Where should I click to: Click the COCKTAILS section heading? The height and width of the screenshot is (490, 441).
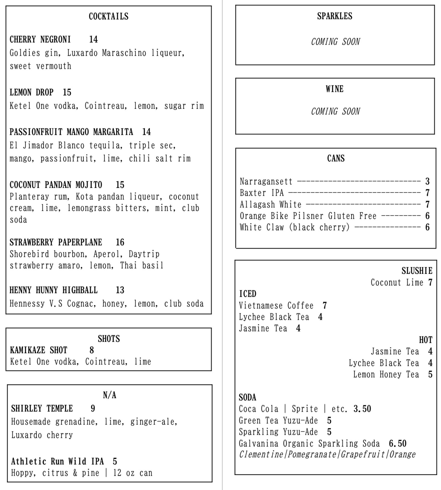[108, 17]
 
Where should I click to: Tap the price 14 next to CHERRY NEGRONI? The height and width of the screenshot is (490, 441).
[93, 39]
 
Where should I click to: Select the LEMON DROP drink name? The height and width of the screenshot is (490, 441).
[31, 92]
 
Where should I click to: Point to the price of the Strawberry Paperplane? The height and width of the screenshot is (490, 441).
[120, 242]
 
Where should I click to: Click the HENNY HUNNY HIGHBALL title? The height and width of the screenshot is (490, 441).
[53, 290]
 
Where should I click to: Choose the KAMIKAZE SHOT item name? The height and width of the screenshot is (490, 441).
[39, 350]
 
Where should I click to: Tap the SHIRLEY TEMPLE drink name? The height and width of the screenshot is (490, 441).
[42, 409]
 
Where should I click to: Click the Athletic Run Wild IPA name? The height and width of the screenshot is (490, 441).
[57, 461]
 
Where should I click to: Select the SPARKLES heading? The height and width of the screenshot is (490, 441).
[335, 16]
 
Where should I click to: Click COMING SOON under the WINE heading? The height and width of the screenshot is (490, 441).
[335, 111]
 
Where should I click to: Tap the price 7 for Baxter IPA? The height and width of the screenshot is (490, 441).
[427, 193]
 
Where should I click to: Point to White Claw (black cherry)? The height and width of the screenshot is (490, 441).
[295, 227]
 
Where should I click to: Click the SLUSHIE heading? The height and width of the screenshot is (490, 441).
[417, 271]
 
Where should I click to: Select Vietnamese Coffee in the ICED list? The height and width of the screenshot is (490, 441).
[276, 306]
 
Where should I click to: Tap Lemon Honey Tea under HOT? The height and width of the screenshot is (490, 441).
[386, 374]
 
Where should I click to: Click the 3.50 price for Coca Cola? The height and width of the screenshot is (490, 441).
[362, 409]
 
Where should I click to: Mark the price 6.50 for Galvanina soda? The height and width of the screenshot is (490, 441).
[397, 443]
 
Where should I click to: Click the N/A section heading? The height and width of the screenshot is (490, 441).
[109, 395]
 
